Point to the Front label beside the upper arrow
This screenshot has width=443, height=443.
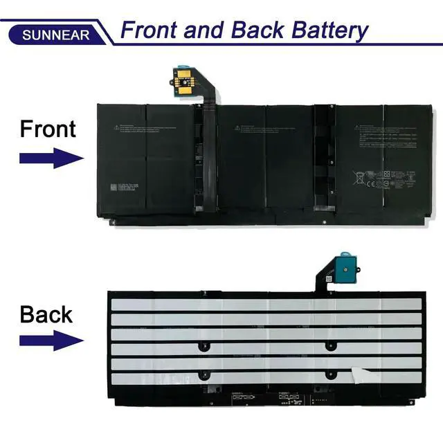pos(48,129)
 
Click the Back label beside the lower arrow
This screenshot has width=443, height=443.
pos(46,314)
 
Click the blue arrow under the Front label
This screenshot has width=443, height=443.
pos(51,158)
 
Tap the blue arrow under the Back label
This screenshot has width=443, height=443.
pos(51,341)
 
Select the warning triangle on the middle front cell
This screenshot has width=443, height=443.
pos(237,127)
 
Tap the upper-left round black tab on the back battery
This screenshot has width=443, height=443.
pos(201,345)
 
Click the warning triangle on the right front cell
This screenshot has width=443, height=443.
pos(359,127)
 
